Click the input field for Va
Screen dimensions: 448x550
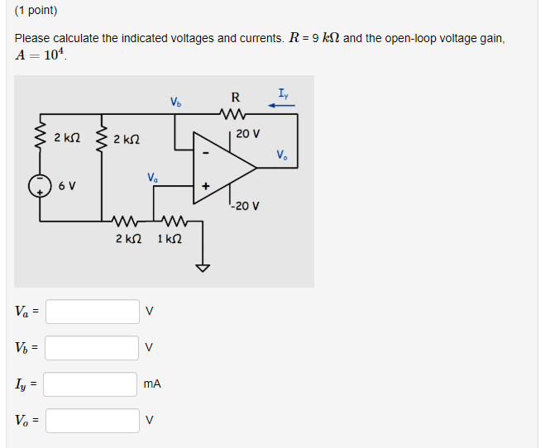coord(92,312)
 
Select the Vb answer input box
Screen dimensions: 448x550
coord(92,348)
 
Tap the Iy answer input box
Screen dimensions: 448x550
coord(92,384)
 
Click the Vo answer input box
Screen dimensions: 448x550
coord(92,421)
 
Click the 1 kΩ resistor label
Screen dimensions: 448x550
coord(170,239)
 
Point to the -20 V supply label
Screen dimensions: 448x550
coord(246,206)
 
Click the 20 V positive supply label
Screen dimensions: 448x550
coord(246,133)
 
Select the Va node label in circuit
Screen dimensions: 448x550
coord(152,177)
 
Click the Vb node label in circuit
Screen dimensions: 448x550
coord(175,103)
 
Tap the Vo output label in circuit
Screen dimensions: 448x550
coord(283,155)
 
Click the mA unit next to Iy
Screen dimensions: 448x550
coord(151,384)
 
